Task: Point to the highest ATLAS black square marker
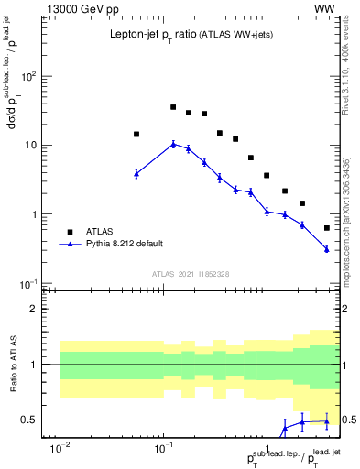(x=173, y=107)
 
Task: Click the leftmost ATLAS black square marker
(x=136, y=134)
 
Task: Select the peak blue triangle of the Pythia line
(x=173, y=143)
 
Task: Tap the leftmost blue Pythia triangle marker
(x=136, y=173)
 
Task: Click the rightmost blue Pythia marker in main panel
(x=327, y=248)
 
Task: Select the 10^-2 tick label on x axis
(x=60, y=448)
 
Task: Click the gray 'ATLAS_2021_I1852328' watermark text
(x=190, y=273)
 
